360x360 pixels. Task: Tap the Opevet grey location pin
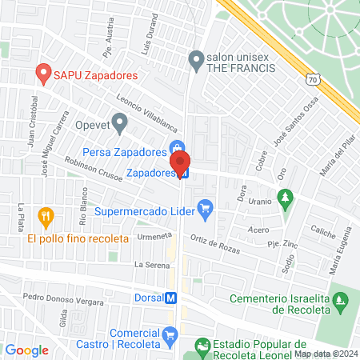click(120, 122)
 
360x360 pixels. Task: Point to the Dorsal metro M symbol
click(170, 298)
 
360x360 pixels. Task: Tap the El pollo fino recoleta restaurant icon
click(46, 216)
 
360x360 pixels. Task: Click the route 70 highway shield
click(314, 78)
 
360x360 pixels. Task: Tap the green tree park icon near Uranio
click(285, 196)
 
